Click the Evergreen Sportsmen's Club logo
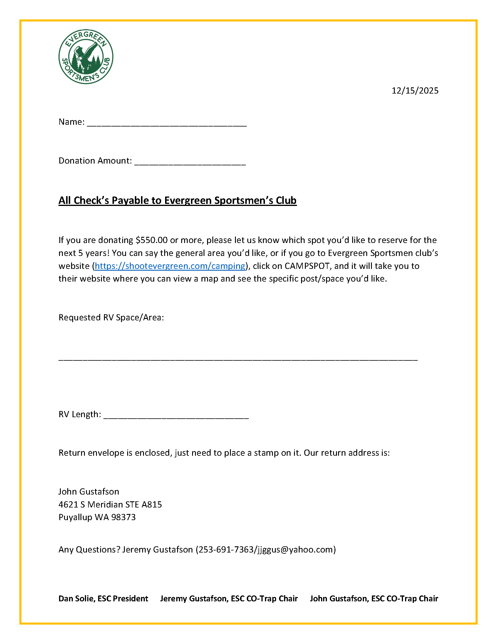tap(86, 56)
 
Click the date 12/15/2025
tap(414, 91)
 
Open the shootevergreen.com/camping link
tap(170, 266)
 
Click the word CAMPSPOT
tap(307, 266)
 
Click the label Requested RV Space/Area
tap(111, 317)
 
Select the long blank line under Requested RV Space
tap(238, 360)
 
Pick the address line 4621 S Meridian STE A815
tap(110, 505)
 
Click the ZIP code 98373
tap(123, 517)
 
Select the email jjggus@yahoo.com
tap(295, 550)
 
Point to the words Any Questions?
tap(89, 550)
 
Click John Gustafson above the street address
tap(89, 492)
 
